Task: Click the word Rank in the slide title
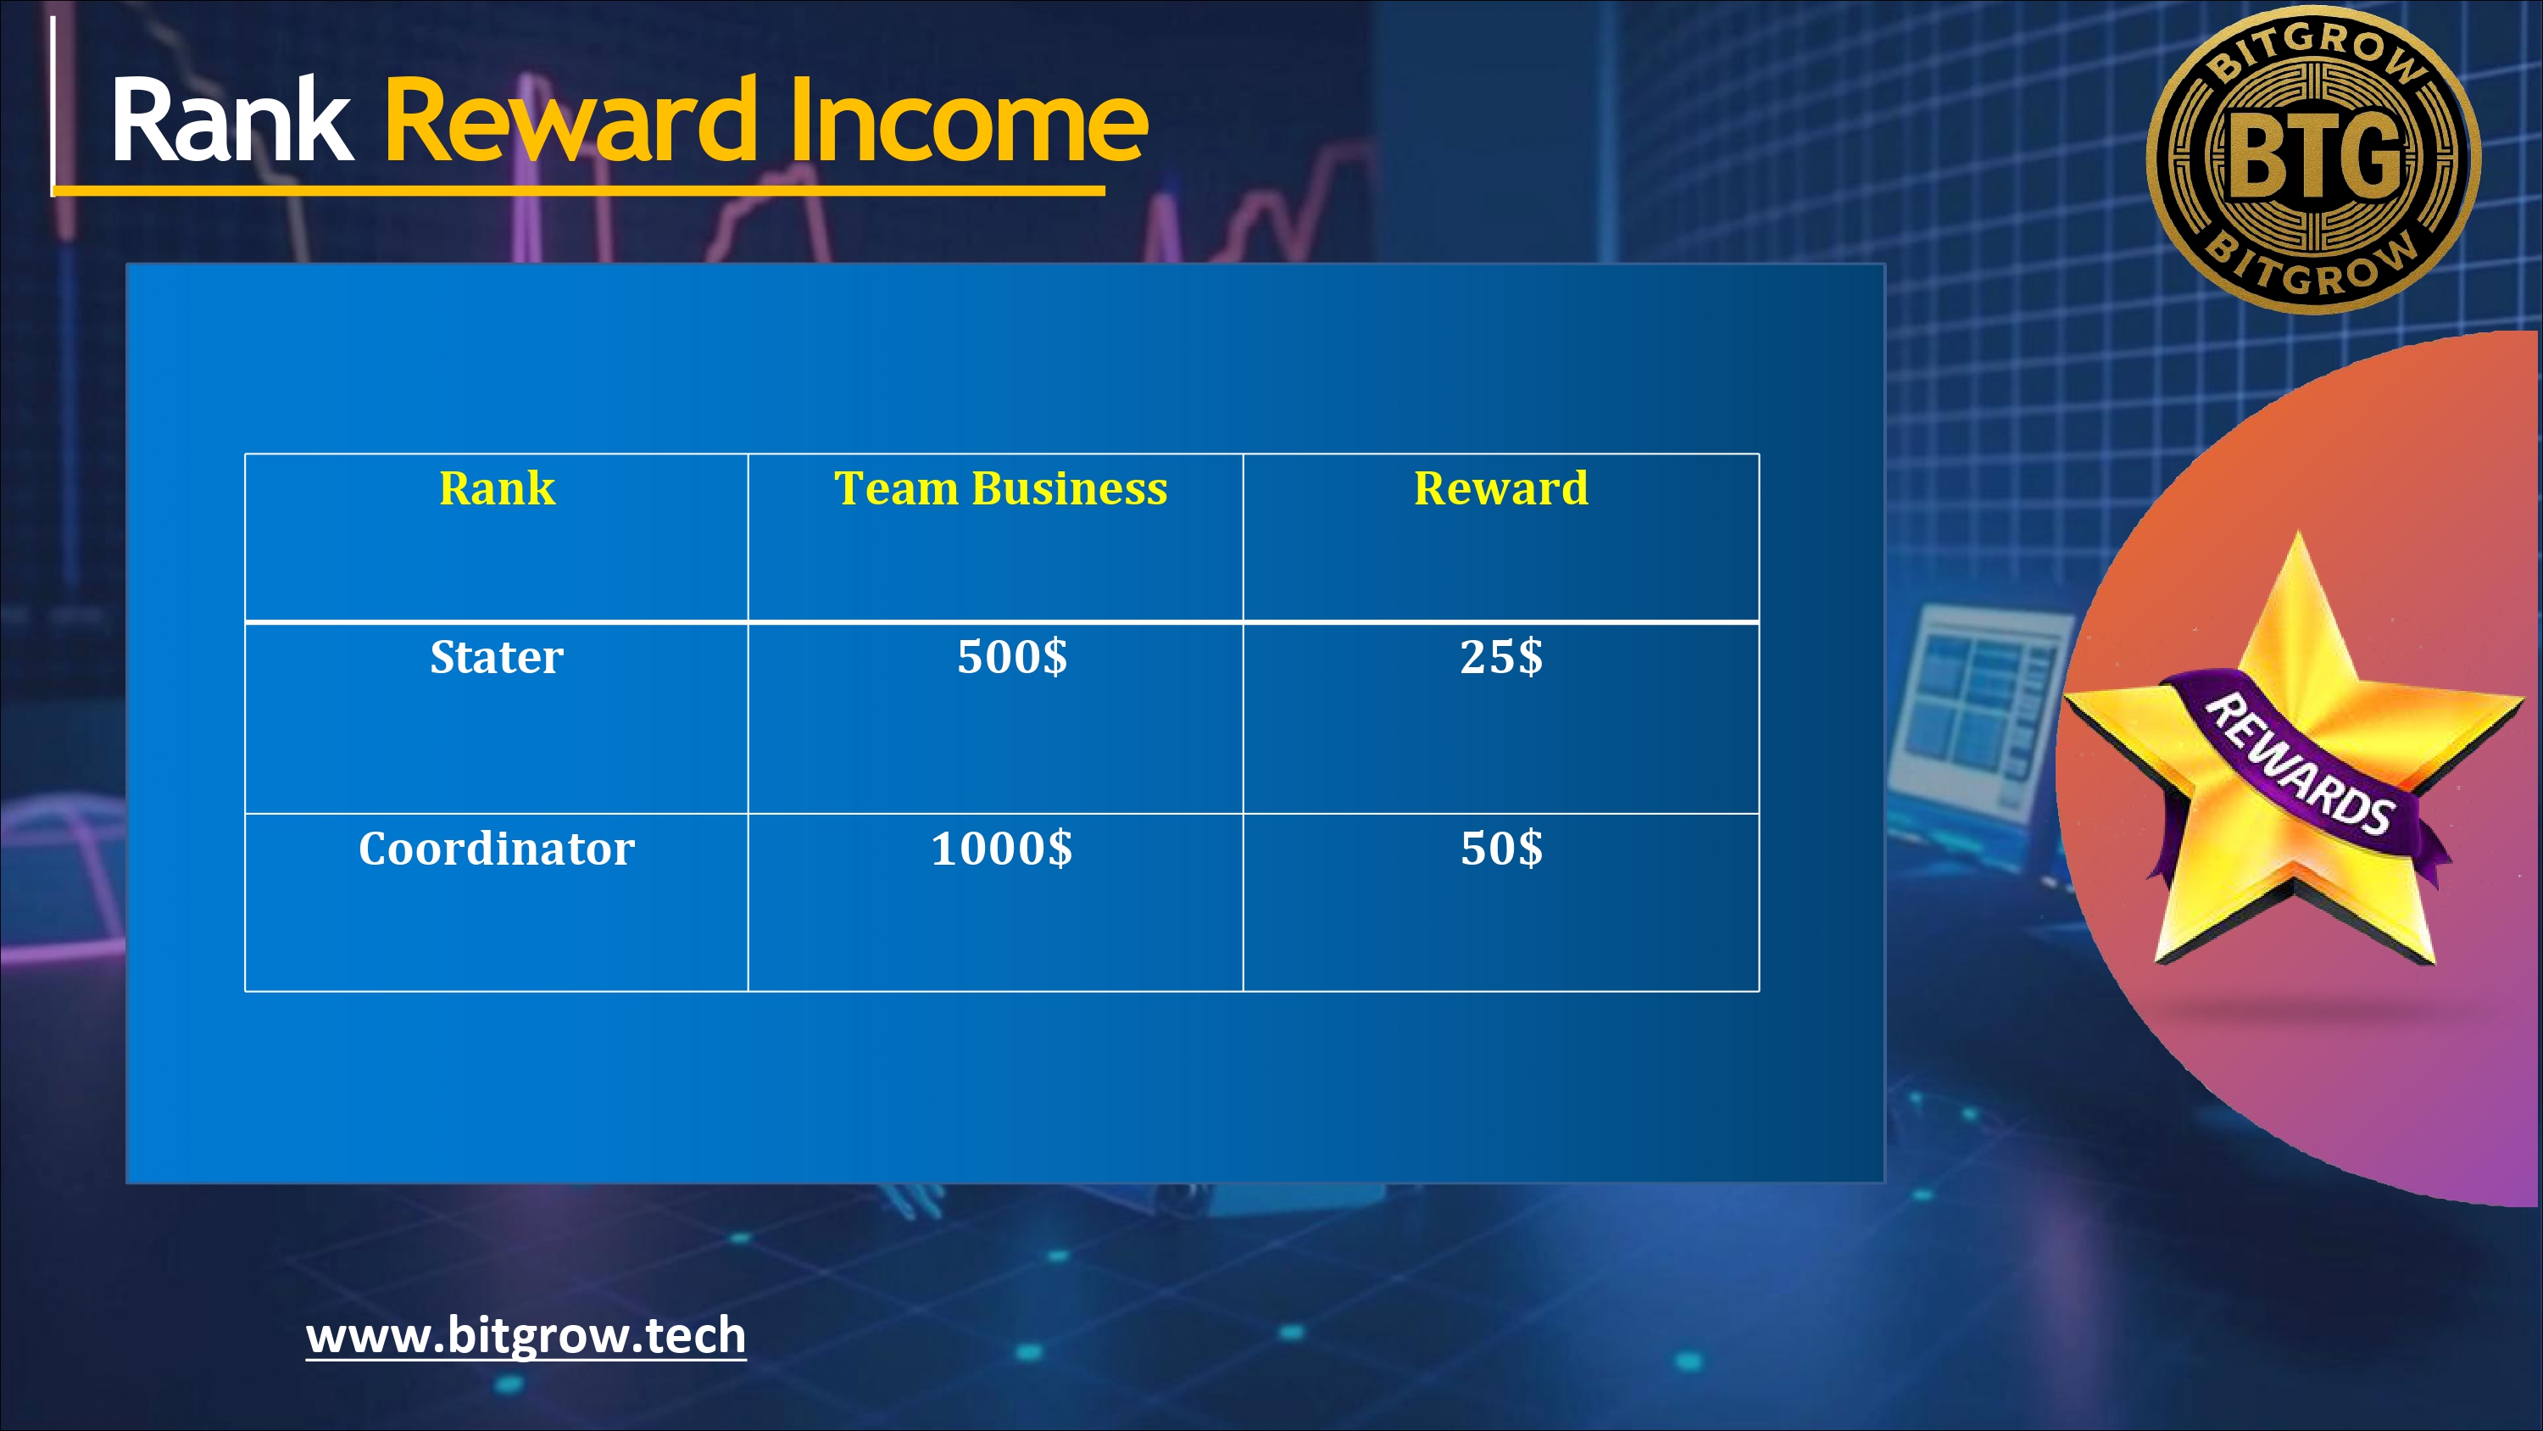pyautogui.click(x=232, y=120)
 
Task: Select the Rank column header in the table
pyautogui.click(x=497, y=487)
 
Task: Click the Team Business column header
pyautogui.click(x=1000, y=487)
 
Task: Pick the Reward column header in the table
pyautogui.click(x=1501, y=487)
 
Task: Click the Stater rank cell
pyautogui.click(x=497, y=657)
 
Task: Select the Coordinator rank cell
pyautogui.click(x=497, y=849)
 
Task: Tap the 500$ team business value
pyautogui.click(x=1012, y=657)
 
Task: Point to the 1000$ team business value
pyautogui.click(x=1001, y=849)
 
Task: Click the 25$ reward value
pyautogui.click(x=1501, y=657)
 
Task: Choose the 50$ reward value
pyautogui.click(x=1501, y=849)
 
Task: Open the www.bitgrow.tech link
pyautogui.click(x=526, y=1336)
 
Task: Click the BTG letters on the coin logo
pyautogui.click(x=2313, y=155)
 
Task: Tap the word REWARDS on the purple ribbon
pyautogui.click(x=2298, y=763)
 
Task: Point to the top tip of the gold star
pyautogui.click(x=2299, y=532)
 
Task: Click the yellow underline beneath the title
pyautogui.click(x=578, y=190)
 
